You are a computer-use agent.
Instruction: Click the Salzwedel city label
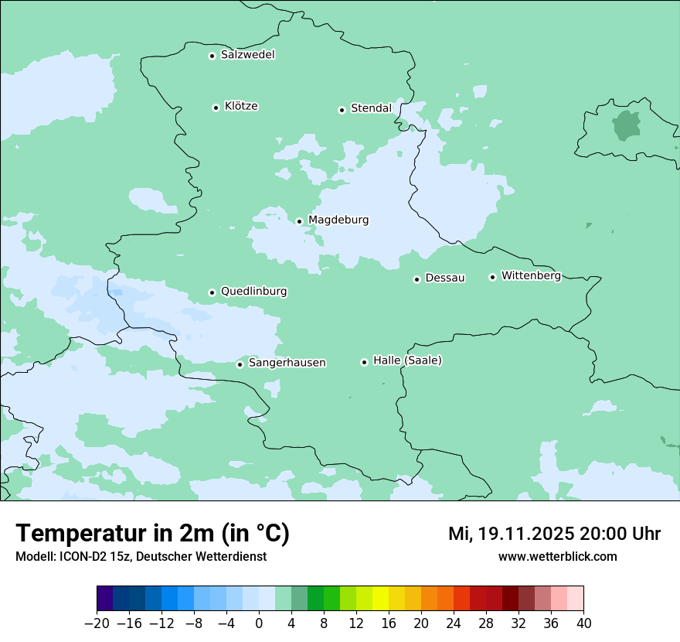tap(247, 55)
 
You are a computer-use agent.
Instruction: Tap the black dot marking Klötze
tap(216, 108)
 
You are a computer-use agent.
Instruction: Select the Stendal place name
tap(371, 108)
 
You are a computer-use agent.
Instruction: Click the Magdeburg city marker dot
tap(299, 221)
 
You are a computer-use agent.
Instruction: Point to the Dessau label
tap(445, 278)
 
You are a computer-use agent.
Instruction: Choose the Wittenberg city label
tap(531, 276)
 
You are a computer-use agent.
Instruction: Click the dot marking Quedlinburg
tap(212, 292)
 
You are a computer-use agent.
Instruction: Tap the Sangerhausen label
tap(287, 363)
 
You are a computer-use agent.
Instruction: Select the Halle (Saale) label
tap(407, 360)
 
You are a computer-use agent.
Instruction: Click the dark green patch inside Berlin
tap(626, 125)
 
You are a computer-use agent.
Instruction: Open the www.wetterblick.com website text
tap(557, 556)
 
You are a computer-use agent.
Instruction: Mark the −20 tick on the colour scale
tap(97, 623)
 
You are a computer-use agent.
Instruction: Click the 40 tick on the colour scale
tap(583, 623)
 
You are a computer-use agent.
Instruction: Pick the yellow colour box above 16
tap(380, 599)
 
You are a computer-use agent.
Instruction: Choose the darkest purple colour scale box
tap(105, 599)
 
